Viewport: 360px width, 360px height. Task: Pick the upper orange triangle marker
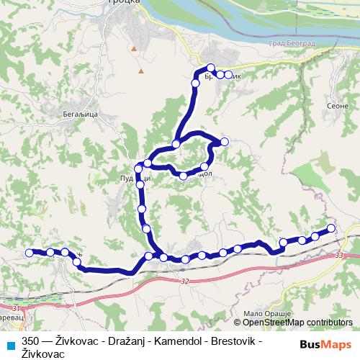click(x=134, y=48)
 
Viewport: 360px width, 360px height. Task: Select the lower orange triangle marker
click(x=141, y=71)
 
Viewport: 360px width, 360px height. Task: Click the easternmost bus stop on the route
click(x=331, y=228)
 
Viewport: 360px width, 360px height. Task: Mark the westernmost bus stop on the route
click(x=30, y=253)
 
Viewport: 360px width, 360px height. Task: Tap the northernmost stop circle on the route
click(x=210, y=68)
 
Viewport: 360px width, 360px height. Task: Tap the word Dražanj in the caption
click(x=114, y=342)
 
